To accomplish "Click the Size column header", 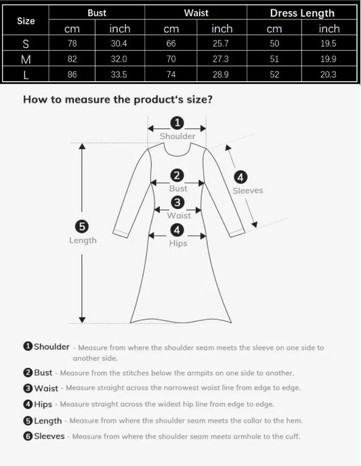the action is (26, 21).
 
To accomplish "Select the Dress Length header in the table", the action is (302, 13).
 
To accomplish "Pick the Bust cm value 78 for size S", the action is (72, 43).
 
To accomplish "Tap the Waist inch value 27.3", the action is (221, 59).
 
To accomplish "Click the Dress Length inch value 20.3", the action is (328, 74).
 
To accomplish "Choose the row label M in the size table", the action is (26, 60).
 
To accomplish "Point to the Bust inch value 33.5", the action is (119, 74).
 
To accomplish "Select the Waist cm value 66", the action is (171, 43).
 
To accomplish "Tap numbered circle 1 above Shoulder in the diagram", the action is (177, 122).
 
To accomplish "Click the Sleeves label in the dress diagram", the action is (248, 191).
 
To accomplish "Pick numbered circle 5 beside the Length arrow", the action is (82, 227).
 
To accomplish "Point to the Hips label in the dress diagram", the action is (178, 243).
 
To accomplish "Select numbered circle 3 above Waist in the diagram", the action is (177, 202).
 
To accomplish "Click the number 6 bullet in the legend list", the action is (28, 436).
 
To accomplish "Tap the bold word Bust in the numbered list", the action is (43, 373).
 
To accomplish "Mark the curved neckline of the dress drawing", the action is (177, 154).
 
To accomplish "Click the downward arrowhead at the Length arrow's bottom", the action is (82, 319).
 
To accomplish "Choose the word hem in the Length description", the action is (295, 421).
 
